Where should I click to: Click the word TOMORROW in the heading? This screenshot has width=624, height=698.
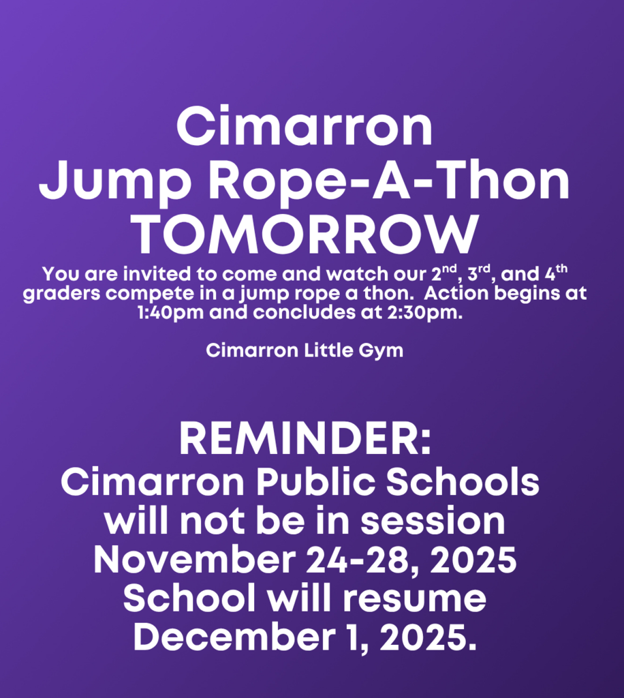(x=305, y=236)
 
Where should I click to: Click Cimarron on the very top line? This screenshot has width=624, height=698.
(x=305, y=127)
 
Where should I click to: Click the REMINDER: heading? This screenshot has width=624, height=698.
(x=305, y=440)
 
